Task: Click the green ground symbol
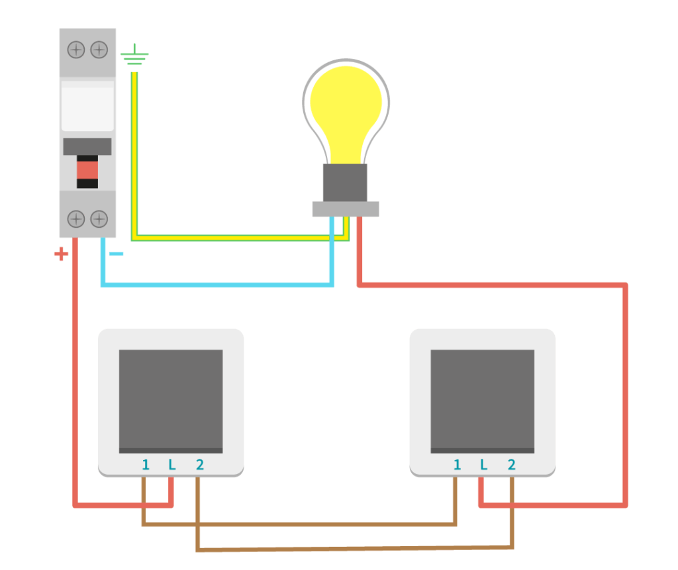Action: point(134,54)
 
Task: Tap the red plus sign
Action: point(61,254)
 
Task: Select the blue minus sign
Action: point(117,254)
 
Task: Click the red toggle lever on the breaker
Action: point(87,170)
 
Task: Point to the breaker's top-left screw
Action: point(76,50)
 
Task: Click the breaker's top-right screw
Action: point(99,50)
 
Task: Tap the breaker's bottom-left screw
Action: point(76,219)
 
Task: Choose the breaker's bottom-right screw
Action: point(99,219)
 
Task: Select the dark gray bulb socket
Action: point(345,183)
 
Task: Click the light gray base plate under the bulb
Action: point(346,209)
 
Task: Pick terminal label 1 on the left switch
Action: point(146,465)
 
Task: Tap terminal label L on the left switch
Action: point(172,465)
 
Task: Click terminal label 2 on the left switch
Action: point(199,465)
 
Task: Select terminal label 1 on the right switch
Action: point(457,465)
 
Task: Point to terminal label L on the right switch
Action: point(484,465)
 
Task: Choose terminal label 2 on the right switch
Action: point(512,465)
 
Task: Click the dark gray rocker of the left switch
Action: point(171,401)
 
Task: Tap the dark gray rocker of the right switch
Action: point(483,401)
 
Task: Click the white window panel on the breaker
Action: point(87,106)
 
